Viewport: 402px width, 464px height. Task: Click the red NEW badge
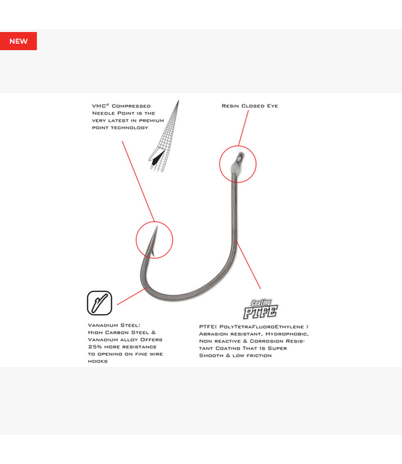click(x=19, y=41)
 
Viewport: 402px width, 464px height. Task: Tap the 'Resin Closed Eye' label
click(x=250, y=106)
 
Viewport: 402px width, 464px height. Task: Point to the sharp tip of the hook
click(x=156, y=227)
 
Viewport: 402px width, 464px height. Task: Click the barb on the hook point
click(x=153, y=252)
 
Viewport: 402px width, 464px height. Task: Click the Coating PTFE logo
click(x=260, y=309)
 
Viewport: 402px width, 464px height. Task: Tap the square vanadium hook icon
click(x=100, y=303)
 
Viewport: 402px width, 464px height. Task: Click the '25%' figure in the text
click(x=95, y=347)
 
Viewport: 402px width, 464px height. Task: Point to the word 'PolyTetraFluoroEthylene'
click(x=262, y=327)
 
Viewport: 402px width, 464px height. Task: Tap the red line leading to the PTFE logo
click(x=248, y=264)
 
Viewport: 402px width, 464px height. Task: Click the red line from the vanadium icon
click(x=132, y=296)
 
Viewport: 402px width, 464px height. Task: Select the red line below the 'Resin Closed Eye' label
click(x=244, y=128)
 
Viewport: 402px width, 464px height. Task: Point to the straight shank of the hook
click(x=234, y=207)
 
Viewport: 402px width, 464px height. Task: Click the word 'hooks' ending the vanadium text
click(x=98, y=361)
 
